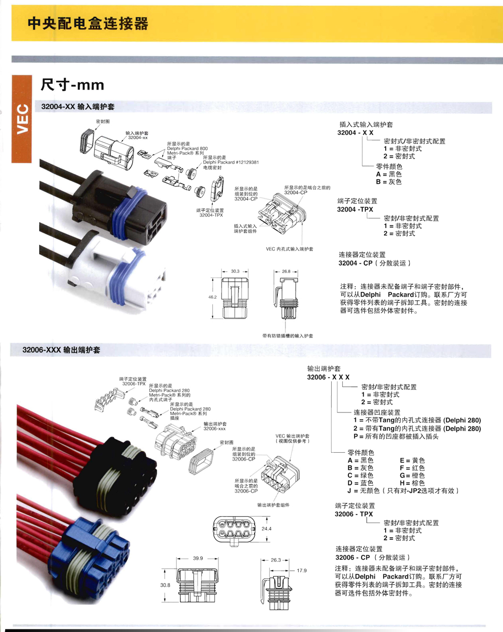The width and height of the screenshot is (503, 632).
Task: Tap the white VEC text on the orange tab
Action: (x=23, y=121)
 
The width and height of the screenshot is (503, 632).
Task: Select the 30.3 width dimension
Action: (x=235, y=271)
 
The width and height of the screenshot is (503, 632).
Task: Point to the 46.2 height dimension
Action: (x=212, y=297)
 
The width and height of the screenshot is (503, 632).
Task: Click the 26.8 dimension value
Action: (x=286, y=271)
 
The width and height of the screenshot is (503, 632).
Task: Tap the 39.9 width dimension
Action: (x=198, y=559)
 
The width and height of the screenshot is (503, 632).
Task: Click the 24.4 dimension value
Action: (x=267, y=529)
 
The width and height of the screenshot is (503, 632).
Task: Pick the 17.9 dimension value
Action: (x=301, y=571)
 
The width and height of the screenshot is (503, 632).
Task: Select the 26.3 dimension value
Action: (x=276, y=560)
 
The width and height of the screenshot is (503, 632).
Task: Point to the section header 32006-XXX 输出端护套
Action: (x=61, y=350)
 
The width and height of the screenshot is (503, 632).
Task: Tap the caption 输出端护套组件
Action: (x=273, y=505)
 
